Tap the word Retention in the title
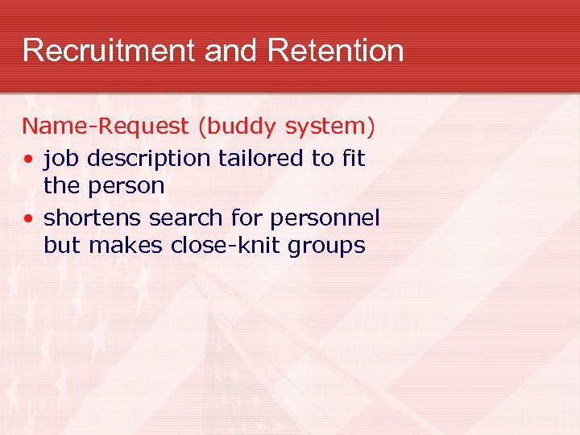[336, 51]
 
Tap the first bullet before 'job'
[28, 159]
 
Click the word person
[127, 187]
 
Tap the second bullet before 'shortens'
[28, 219]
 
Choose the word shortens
[89, 217]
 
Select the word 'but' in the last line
[63, 246]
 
